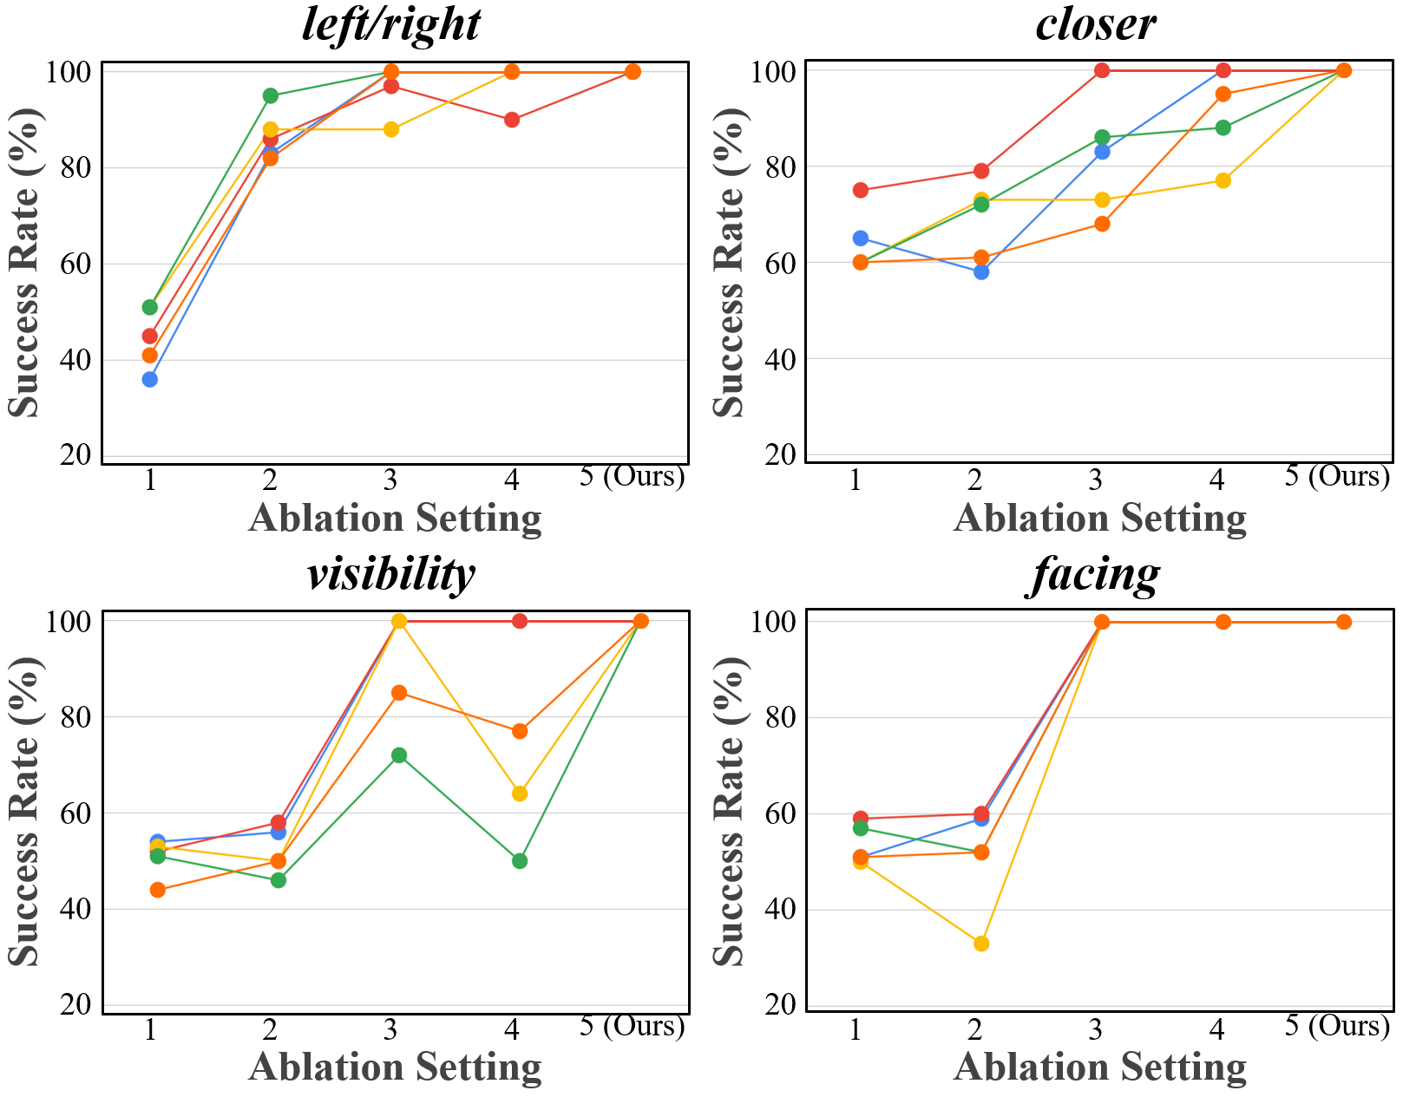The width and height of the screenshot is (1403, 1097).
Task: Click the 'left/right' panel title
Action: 390,24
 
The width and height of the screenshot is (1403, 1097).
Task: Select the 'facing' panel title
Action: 1095,574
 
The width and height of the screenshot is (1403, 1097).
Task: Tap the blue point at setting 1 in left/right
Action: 150,379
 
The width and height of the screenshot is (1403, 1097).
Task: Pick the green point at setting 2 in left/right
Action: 271,95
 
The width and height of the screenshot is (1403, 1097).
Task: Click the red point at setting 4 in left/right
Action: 512,120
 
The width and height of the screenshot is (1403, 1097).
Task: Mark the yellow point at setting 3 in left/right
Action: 391,129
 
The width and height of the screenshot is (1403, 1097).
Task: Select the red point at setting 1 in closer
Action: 861,190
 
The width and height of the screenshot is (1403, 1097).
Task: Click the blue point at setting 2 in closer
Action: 981,271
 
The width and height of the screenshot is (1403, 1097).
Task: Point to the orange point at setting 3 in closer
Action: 1102,224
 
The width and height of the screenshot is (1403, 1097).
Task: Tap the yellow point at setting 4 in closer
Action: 1223,180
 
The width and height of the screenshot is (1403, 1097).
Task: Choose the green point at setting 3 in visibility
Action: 399,755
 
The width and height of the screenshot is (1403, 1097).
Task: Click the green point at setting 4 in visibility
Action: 520,861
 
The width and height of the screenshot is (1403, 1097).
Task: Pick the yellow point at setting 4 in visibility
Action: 520,793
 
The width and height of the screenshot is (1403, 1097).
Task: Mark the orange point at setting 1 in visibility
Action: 157,890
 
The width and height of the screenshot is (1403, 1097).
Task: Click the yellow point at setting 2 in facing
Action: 981,944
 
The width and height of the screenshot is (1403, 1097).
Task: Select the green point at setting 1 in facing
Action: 861,828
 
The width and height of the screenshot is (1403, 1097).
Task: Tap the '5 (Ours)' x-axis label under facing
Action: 1337,1026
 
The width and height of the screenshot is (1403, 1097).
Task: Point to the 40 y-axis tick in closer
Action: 781,359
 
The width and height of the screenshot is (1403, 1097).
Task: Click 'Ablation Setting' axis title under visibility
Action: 395,1067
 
